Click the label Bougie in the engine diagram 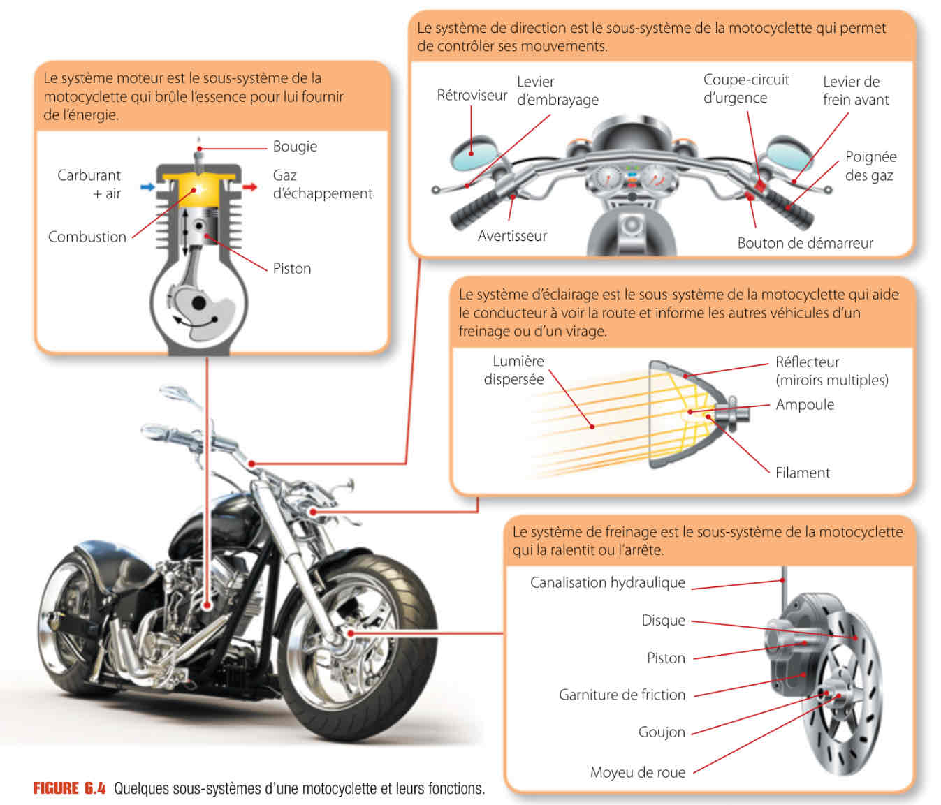coord(295,147)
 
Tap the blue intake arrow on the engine coord(147,187)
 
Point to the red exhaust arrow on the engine coord(250,187)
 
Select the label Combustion coord(87,237)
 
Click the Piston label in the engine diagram coord(292,269)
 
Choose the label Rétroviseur coord(472,95)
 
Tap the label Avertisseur coord(512,236)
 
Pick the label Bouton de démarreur coord(805,243)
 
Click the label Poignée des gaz coord(870,166)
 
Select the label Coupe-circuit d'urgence coord(745,89)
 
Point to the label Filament coord(803,473)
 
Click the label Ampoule coord(805,405)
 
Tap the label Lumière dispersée coord(515,370)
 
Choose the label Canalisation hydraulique coord(608,583)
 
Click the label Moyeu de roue coord(638,772)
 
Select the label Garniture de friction coord(622,695)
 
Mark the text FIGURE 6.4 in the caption coord(69,789)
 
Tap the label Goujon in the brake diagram coord(662,732)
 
